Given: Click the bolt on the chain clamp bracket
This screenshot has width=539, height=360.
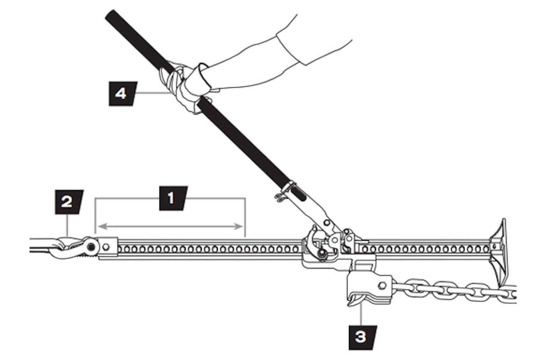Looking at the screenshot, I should (382, 285).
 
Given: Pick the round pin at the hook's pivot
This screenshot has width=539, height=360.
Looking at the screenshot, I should (92, 247).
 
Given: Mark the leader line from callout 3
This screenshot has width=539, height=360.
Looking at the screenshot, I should (361, 315).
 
